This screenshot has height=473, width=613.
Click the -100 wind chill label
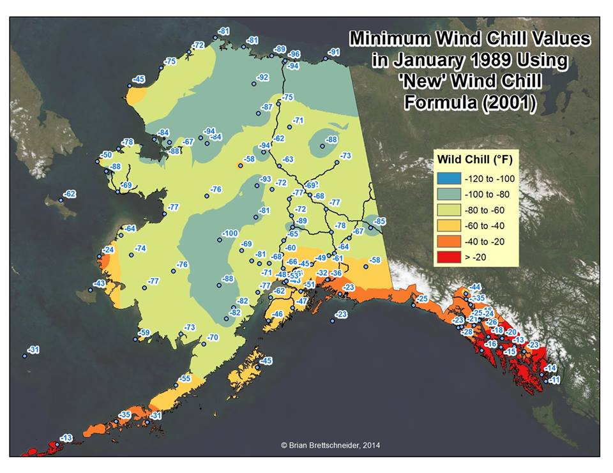[229, 234]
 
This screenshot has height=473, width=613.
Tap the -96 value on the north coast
[294, 54]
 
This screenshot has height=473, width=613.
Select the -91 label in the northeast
[334, 52]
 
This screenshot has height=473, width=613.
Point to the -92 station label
[262, 77]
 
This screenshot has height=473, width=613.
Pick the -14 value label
[550, 368]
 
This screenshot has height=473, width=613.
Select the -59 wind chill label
[144, 333]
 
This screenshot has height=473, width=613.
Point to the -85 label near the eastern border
[380, 221]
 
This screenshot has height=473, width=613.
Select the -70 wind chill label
[212, 337]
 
